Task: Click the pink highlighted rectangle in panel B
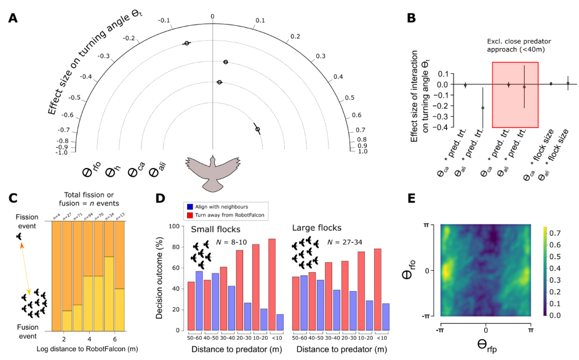point(515,94)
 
